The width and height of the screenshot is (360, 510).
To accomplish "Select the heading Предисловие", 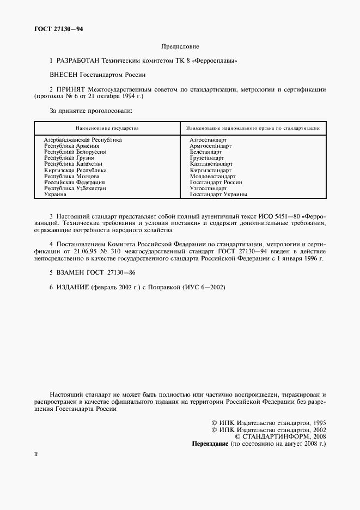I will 180,47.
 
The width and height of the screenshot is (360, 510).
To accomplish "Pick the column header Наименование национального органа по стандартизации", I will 252,128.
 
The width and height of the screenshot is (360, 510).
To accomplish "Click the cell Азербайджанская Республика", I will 83,140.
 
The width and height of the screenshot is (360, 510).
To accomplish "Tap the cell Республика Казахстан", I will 74,163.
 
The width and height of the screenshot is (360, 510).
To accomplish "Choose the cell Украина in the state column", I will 56,194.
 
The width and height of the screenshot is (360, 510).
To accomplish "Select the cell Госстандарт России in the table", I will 216,182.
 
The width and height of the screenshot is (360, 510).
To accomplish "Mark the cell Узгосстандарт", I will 209,188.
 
